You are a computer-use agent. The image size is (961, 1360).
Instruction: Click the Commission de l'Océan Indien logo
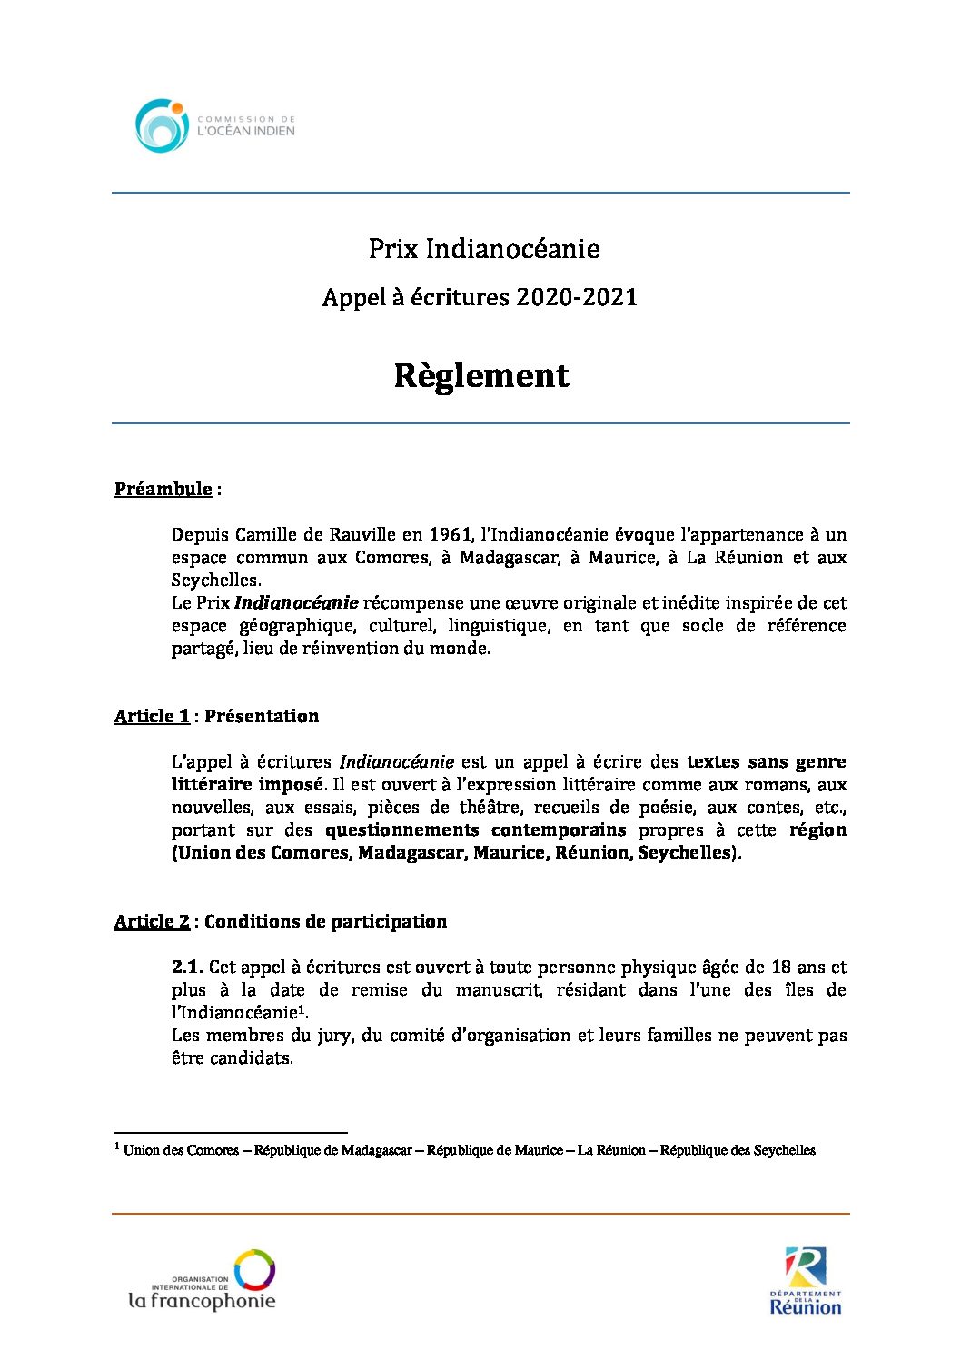click(x=215, y=125)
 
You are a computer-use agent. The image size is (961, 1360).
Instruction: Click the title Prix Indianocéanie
click(x=483, y=249)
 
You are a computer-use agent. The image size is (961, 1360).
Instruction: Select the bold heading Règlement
click(x=480, y=375)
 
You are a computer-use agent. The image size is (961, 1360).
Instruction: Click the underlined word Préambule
click(x=163, y=489)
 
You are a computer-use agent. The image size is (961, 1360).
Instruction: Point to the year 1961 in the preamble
click(x=451, y=534)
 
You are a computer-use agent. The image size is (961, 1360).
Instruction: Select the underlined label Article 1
click(x=152, y=716)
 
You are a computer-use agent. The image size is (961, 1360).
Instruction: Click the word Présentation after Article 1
click(x=262, y=716)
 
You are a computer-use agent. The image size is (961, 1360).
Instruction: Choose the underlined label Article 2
click(x=152, y=921)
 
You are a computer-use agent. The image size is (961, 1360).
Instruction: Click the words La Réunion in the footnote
click(x=611, y=1150)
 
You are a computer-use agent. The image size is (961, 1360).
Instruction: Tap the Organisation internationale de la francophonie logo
click(x=202, y=1280)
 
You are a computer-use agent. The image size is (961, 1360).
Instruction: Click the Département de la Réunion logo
click(x=806, y=1281)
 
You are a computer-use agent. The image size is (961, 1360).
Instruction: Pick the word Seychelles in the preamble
click(x=215, y=580)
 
